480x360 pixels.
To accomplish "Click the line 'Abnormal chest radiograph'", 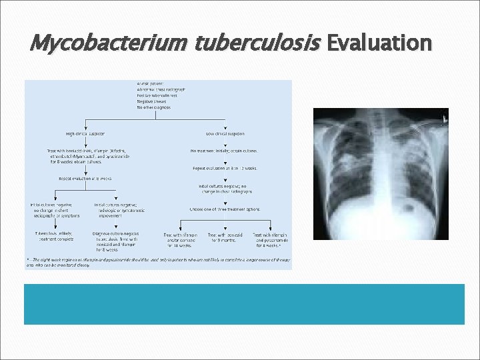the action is point(162,89).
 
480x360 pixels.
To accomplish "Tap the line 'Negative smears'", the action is point(153,101).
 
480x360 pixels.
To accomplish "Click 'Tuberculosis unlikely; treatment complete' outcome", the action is point(55,237).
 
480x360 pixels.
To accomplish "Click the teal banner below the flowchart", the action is point(244,304).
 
